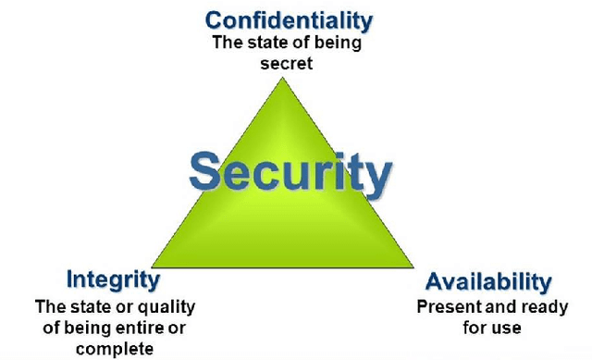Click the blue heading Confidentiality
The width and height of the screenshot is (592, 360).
point(289,19)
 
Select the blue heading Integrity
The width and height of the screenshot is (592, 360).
point(113,279)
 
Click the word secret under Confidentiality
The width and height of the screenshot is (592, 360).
point(289,64)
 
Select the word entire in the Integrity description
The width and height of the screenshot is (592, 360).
point(154,327)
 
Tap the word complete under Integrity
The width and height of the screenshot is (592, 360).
point(115,348)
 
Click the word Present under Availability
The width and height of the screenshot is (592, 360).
point(445,306)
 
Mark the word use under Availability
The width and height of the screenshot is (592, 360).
point(508,327)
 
